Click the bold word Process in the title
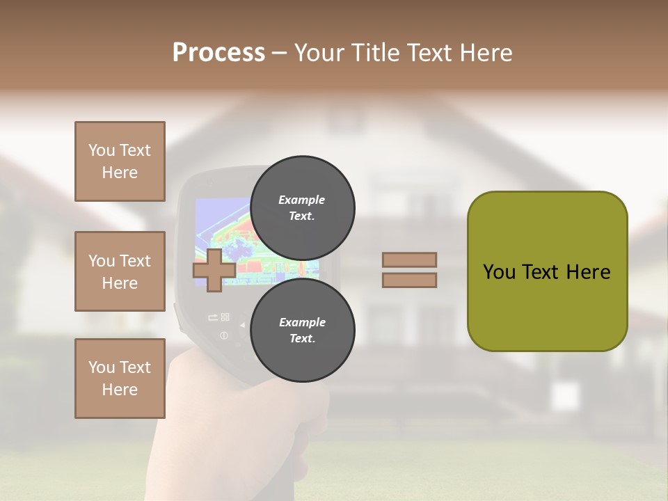click(x=218, y=53)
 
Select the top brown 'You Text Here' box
click(x=120, y=161)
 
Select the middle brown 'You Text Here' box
click(x=120, y=271)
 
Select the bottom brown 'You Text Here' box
click(x=120, y=378)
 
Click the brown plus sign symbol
click(x=213, y=270)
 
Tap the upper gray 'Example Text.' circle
click(x=302, y=207)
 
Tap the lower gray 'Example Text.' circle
click(x=302, y=330)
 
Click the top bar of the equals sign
click(x=409, y=260)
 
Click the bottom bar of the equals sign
click(x=409, y=280)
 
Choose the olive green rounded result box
click(x=547, y=271)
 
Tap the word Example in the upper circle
click(x=302, y=200)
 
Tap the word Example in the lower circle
click(x=302, y=322)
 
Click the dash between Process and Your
click(x=280, y=53)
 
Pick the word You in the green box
click(x=499, y=272)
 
